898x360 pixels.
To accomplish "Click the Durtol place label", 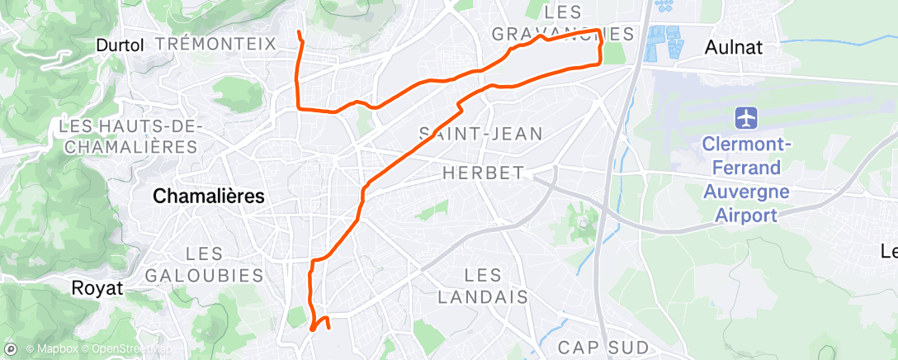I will (120, 45).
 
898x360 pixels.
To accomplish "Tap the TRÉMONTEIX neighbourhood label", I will (215, 44).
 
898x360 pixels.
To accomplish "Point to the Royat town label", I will (97, 289).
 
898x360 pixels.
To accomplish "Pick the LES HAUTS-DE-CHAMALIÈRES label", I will (128, 136).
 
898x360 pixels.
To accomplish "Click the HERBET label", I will (484, 173).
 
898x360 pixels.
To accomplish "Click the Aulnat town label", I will (734, 48).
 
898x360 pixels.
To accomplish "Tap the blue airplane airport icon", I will (746, 117).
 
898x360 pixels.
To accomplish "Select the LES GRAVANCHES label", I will (563, 23).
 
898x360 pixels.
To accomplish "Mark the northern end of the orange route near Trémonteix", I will (298, 32).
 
